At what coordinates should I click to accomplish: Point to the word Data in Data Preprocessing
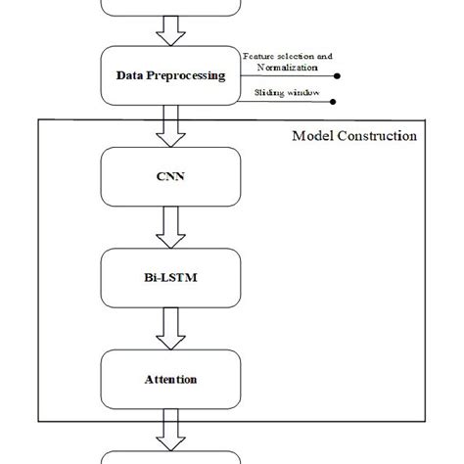pyautogui.click(x=129, y=75)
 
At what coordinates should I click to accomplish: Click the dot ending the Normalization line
pyautogui.click(x=338, y=75)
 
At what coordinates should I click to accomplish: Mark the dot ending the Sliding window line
pyautogui.click(x=332, y=101)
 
